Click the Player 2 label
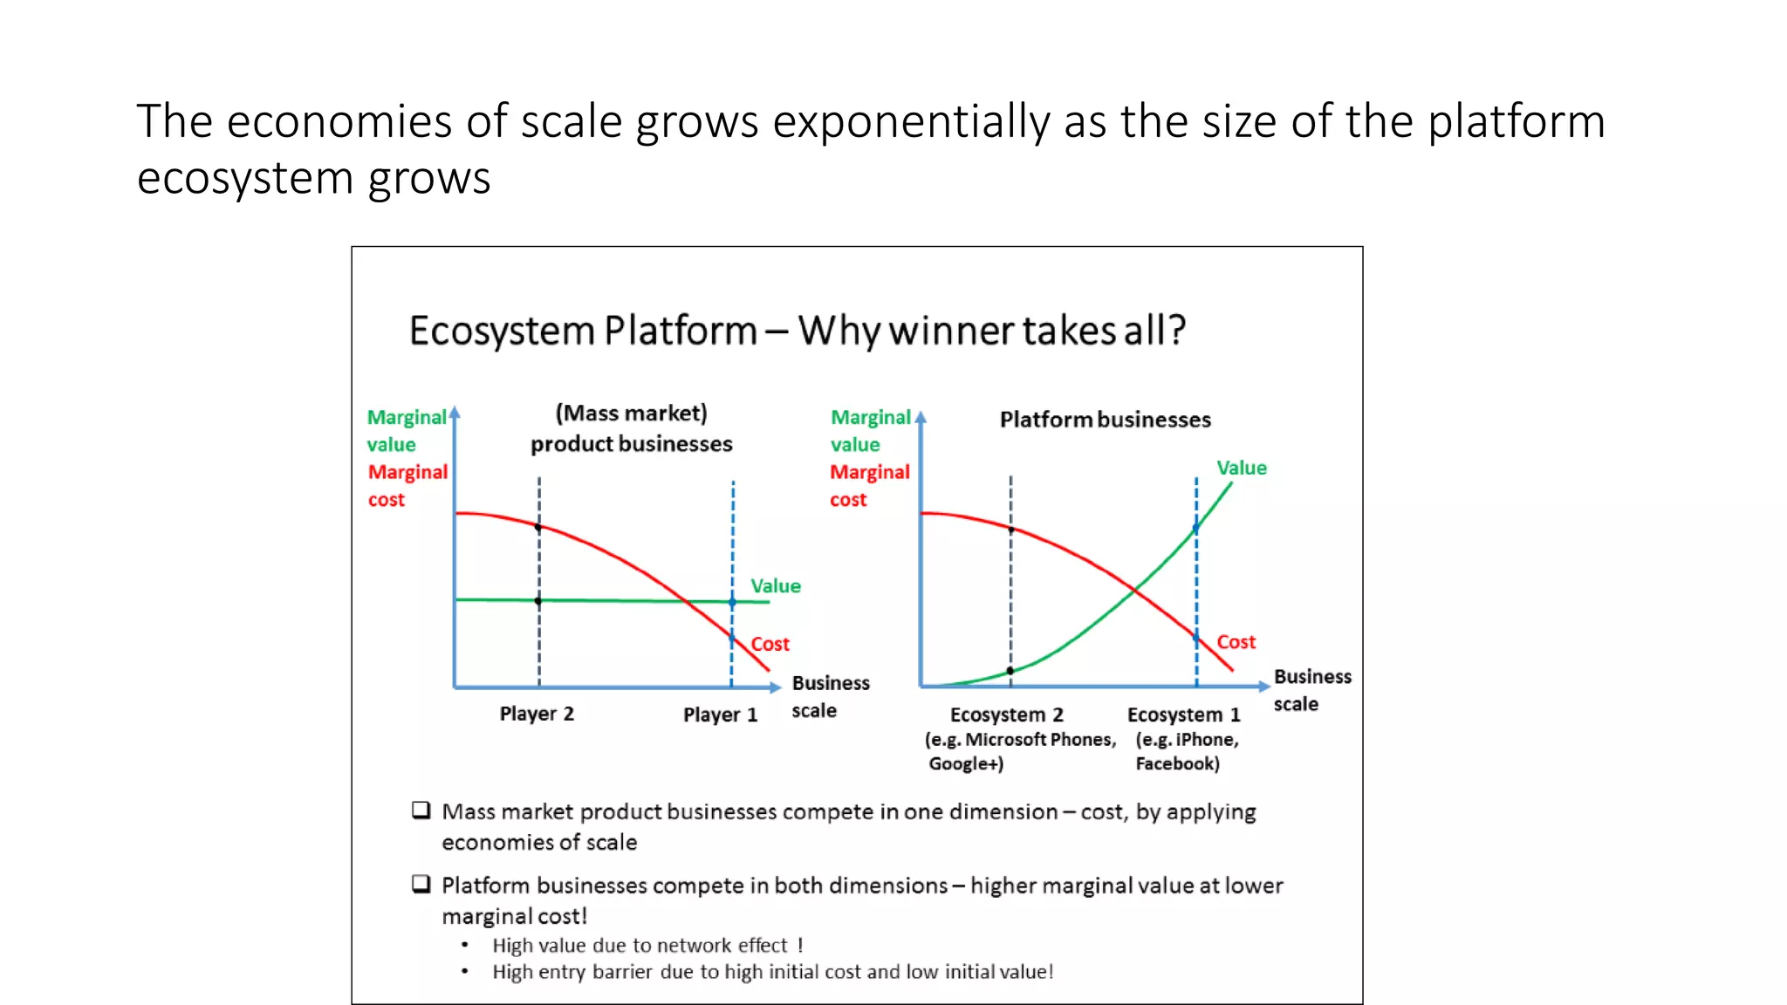[x=537, y=714]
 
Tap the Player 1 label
[x=720, y=715]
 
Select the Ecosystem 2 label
[x=1006, y=715]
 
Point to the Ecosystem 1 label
[x=1183, y=715]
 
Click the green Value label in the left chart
[x=775, y=586]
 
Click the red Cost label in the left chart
[x=770, y=644]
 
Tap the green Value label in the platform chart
[x=1241, y=468]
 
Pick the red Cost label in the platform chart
[x=1236, y=642]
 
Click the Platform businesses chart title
[x=1105, y=420]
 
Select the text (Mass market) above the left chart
[x=632, y=414]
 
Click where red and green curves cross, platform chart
[x=1134, y=591]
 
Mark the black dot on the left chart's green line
[x=538, y=601]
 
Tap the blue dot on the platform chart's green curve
[x=1196, y=528]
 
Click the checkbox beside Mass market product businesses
[x=421, y=810]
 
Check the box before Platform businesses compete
[x=421, y=885]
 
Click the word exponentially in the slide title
[x=911, y=121]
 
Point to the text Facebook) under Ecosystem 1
[x=1177, y=764]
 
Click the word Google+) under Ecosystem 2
[x=966, y=764]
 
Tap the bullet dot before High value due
[x=465, y=945]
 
